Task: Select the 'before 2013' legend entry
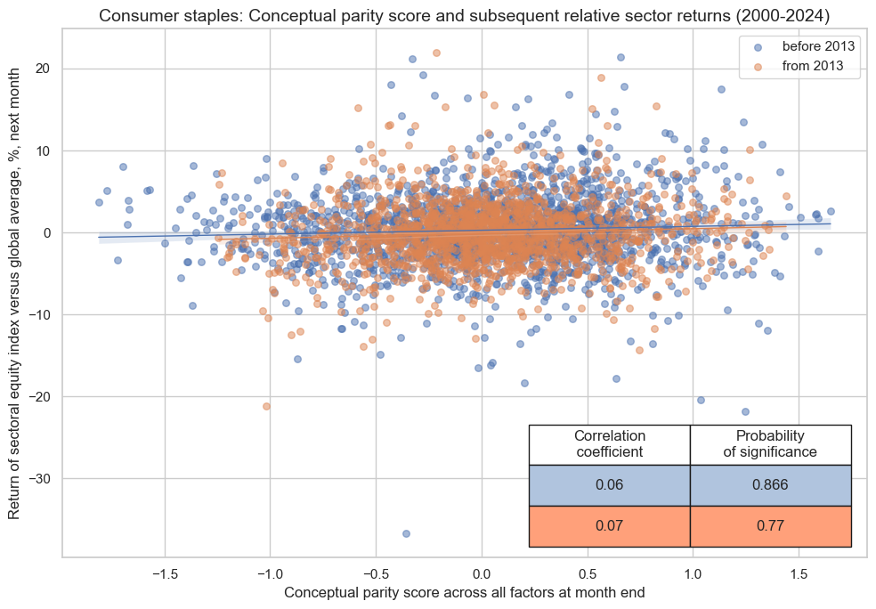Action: click(x=813, y=46)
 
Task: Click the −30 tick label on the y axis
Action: click(x=40, y=479)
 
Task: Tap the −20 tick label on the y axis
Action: click(x=40, y=397)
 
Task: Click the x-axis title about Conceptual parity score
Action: click(x=464, y=592)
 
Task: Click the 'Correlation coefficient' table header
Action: click(x=610, y=444)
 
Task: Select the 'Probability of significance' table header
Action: click(x=770, y=444)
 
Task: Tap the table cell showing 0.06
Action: click(x=610, y=485)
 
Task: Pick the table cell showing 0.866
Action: click(x=770, y=485)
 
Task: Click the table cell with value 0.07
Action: click(x=610, y=526)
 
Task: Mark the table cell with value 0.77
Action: click(x=770, y=526)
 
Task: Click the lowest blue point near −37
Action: click(x=406, y=533)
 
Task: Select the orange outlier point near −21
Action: click(x=266, y=406)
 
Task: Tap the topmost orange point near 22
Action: click(x=436, y=53)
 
